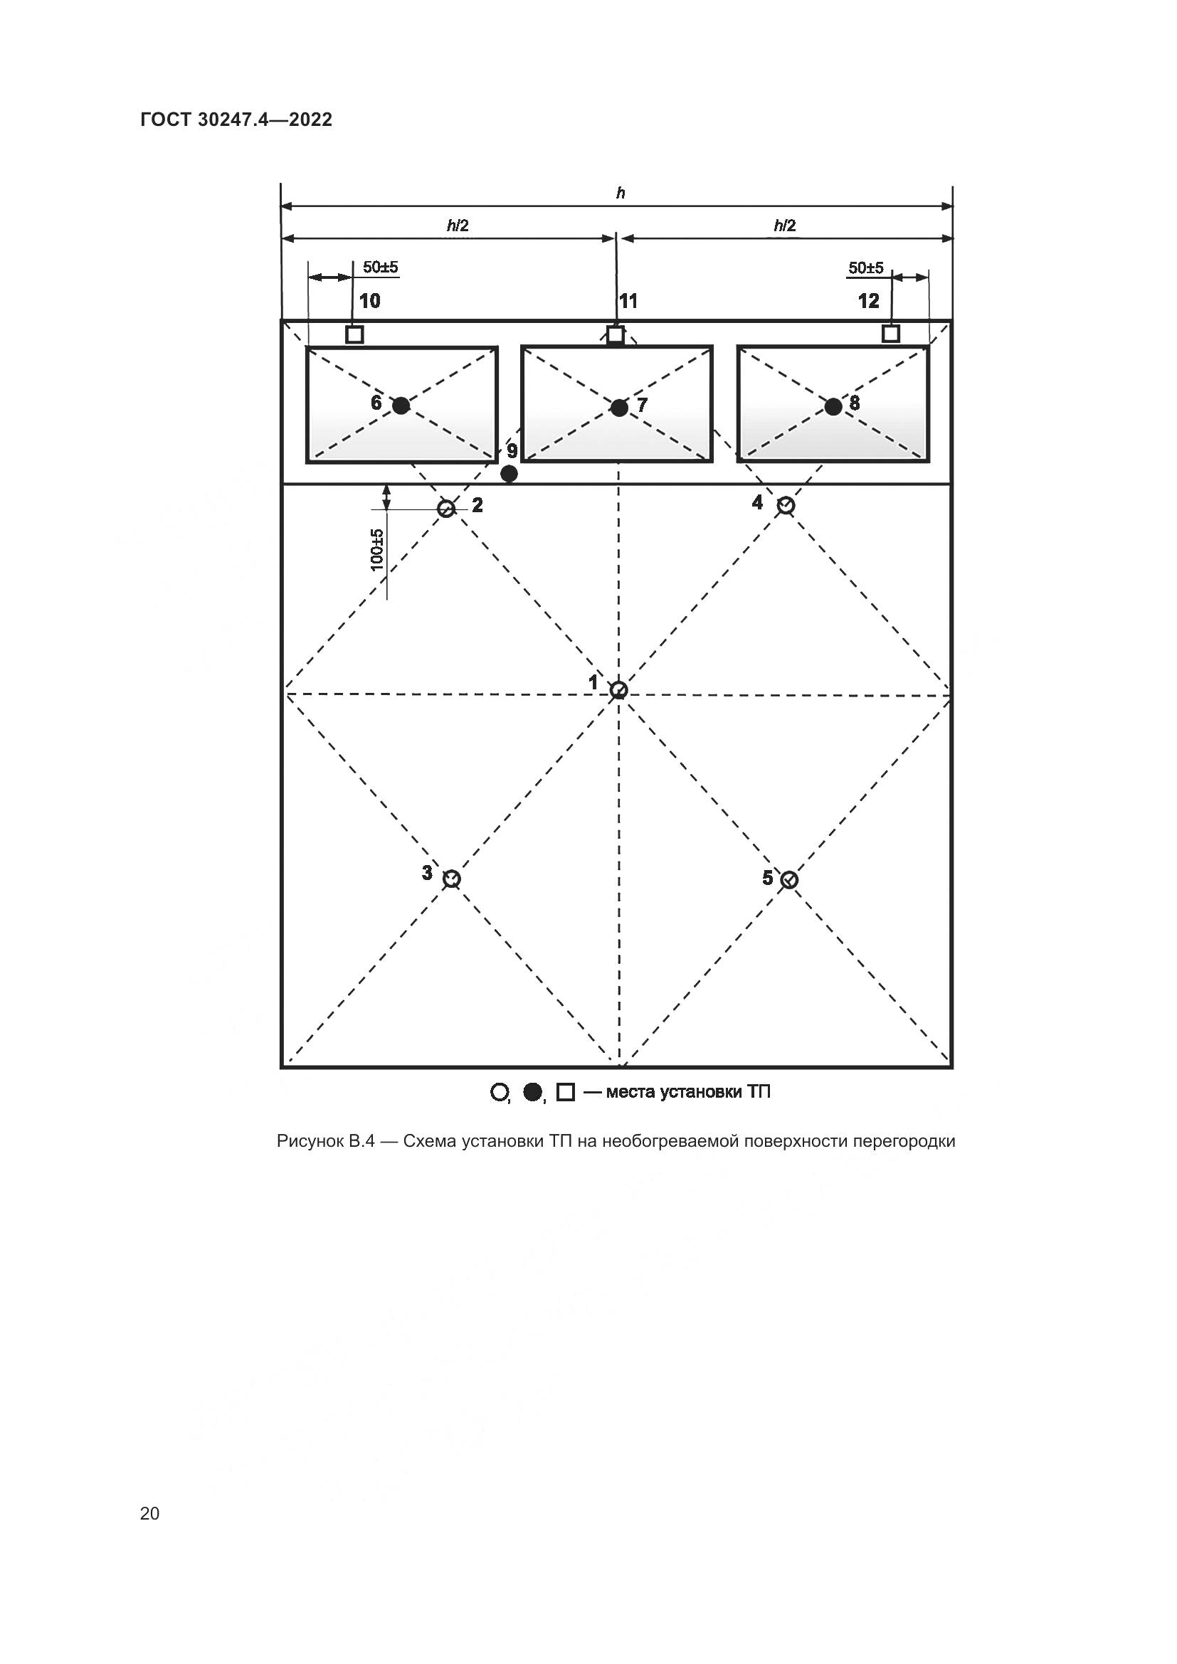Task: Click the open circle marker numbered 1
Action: (x=618, y=689)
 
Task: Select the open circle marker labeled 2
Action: (x=446, y=508)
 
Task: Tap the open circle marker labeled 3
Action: (x=452, y=879)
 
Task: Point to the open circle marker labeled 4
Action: (x=786, y=506)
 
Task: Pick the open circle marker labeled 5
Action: (x=789, y=880)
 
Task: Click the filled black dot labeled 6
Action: (x=401, y=405)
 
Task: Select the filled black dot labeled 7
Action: (x=619, y=408)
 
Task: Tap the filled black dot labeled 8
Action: (x=833, y=407)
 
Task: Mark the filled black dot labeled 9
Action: (x=510, y=474)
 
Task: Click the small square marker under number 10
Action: (x=354, y=334)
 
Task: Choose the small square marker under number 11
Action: (x=616, y=335)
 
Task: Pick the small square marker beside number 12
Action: (x=891, y=334)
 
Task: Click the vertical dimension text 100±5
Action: (x=377, y=549)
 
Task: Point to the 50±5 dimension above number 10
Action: (x=381, y=267)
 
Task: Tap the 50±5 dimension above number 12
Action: (x=866, y=268)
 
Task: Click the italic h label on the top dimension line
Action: (x=621, y=193)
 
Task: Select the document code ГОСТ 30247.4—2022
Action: (x=236, y=120)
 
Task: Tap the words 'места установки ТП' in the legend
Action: (x=688, y=1091)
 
